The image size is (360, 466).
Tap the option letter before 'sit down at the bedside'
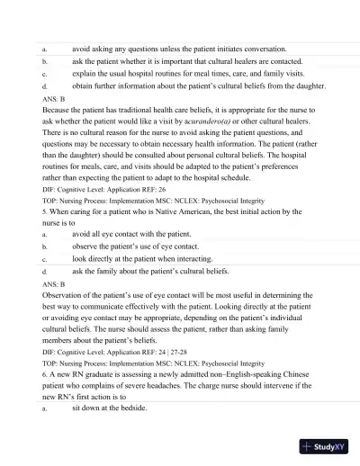coord(44,409)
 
